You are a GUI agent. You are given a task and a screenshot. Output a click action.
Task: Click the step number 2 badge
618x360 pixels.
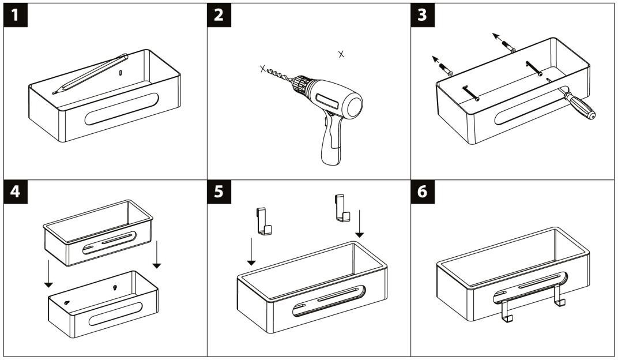[219, 16]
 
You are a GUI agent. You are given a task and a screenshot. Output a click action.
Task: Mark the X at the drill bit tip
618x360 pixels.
[263, 69]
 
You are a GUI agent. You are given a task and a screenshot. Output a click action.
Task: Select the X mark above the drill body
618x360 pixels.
[341, 54]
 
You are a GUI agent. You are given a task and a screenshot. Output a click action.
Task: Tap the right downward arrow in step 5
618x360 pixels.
[360, 225]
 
